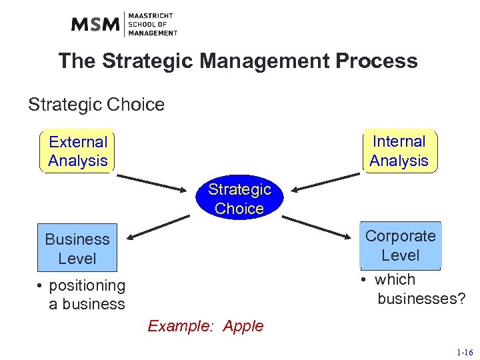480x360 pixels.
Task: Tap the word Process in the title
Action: [x=377, y=61]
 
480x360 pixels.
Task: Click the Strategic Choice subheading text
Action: [x=96, y=105]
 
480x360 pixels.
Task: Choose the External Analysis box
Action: [x=78, y=151]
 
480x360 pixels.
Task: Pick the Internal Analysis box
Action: [x=399, y=151]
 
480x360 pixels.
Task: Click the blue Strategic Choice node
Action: [x=239, y=199]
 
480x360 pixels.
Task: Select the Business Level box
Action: [x=77, y=249]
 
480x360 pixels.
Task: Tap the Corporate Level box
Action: [x=400, y=245]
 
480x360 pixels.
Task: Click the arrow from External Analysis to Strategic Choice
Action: [x=153, y=182]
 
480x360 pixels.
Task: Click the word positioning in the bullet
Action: [x=87, y=285]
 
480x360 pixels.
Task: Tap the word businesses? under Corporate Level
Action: [x=421, y=299]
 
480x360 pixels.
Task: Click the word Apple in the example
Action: [x=243, y=327]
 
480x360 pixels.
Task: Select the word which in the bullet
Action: [x=395, y=279]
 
